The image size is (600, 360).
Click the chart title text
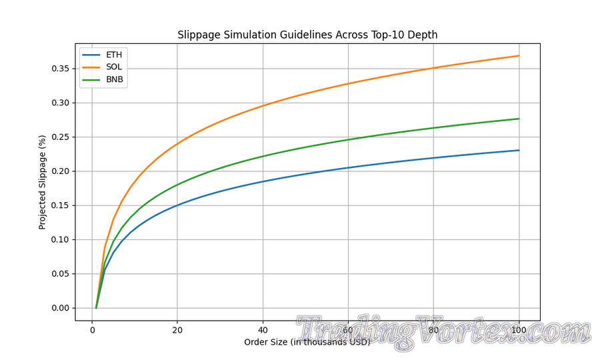307,35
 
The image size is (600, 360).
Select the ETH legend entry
114,55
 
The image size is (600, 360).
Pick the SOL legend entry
114,67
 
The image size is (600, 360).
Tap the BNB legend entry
115,80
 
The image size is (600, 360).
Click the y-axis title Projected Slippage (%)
43,181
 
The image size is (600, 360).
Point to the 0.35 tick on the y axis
61,69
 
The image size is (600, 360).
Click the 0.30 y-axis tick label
61,103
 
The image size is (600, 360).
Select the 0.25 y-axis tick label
61,137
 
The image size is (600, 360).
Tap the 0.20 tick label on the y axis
61,171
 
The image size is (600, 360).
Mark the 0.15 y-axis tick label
61,205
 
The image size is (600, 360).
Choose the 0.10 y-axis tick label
61,239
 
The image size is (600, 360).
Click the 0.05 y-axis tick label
61,274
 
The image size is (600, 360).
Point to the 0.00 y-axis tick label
61,308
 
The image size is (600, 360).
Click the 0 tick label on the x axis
92,331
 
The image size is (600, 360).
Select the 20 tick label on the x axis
177,331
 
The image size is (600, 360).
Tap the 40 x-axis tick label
263,331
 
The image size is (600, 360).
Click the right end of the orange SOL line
519,55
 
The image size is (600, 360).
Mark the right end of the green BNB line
519,119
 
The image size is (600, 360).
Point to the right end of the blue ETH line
519,150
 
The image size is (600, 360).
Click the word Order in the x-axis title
256,343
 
